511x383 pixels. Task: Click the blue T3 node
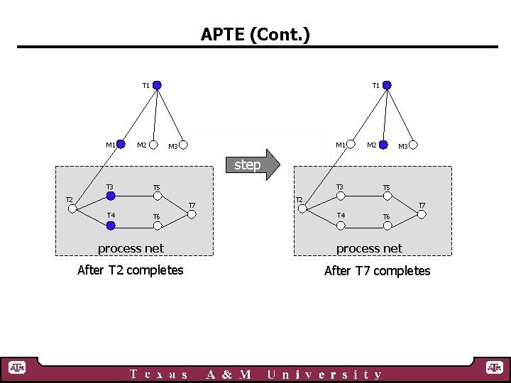111,196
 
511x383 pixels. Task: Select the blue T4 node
111,226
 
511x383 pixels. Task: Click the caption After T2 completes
130,270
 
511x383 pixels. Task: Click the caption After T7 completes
377,271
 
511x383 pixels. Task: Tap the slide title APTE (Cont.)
255,34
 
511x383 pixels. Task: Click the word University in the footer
324,374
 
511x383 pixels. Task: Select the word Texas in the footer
160,374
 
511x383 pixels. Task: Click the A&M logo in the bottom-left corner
17,367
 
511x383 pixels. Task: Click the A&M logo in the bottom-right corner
494,367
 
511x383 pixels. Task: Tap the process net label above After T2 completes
131,248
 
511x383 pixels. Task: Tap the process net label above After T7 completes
369,248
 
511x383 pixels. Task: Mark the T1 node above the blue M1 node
157,85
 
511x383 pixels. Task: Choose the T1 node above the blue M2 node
387,85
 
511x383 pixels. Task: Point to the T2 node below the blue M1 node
72,209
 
